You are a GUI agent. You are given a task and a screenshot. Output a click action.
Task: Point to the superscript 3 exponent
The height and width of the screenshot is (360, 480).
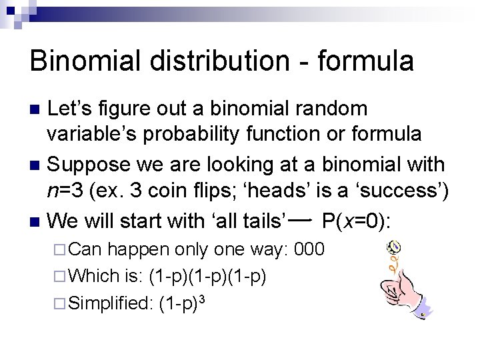point(201,298)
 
